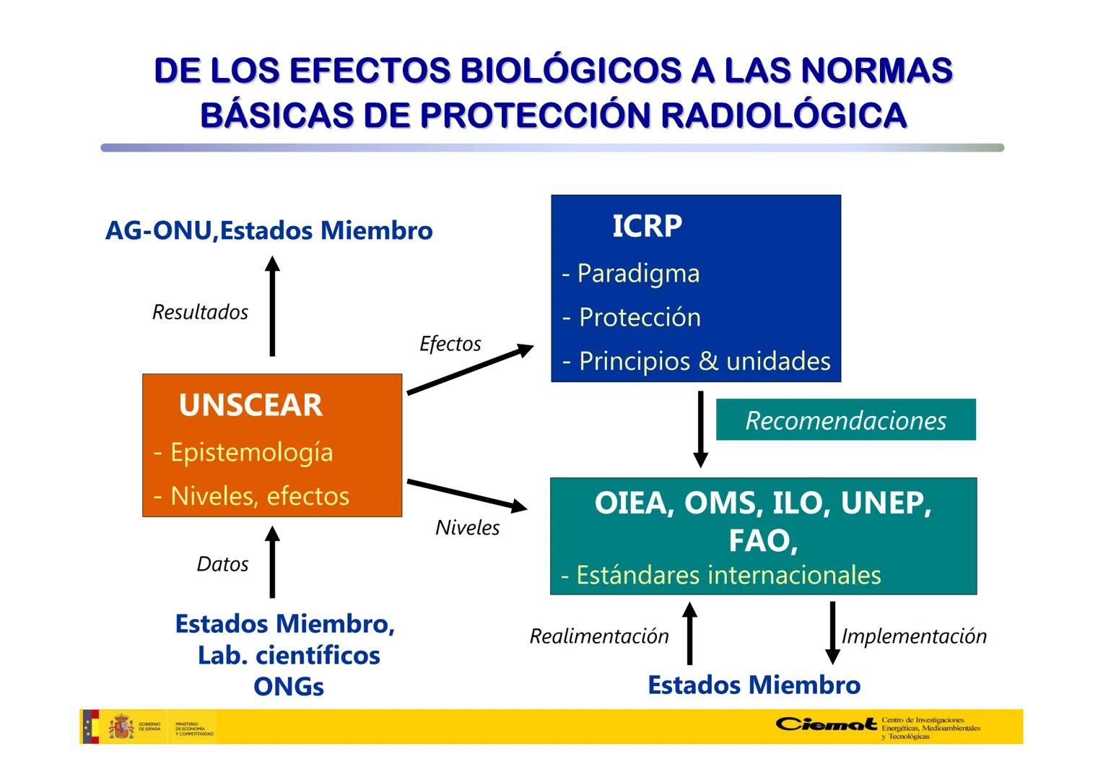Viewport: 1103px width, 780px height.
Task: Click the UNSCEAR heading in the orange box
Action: click(x=250, y=405)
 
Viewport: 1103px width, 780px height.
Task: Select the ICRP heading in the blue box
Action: click(x=647, y=226)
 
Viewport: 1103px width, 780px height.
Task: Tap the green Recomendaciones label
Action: click(x=845, y=420)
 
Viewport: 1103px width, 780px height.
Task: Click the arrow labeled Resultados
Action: click(x=272, y=306)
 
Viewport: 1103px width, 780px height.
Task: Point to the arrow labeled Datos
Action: click(x=272, y=563)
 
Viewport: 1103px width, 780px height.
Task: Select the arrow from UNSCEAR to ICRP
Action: click(x=470, y=370)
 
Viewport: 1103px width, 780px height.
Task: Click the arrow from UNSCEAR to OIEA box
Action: click(x=467, y=495)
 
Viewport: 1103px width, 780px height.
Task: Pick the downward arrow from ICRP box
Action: click(x=700, y=429)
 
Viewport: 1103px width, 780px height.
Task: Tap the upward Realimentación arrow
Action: click(x=689, y=633)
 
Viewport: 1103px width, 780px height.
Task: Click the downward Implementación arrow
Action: click(x=832, y=633)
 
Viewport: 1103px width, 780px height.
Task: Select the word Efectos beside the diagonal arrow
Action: click(x=450, y=344)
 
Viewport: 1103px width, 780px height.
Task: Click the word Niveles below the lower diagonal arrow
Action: click(x=467, y=528)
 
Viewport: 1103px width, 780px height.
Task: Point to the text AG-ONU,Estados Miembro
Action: click(x=269, y=231)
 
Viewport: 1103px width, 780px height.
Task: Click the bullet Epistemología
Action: click(x=251, y=453)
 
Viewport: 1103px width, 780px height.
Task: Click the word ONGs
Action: click(x=288, y=687)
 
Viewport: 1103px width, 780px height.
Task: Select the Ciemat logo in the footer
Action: click(x=826, y=724)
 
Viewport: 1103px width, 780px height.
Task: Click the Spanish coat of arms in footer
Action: click(x=121, y=727)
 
